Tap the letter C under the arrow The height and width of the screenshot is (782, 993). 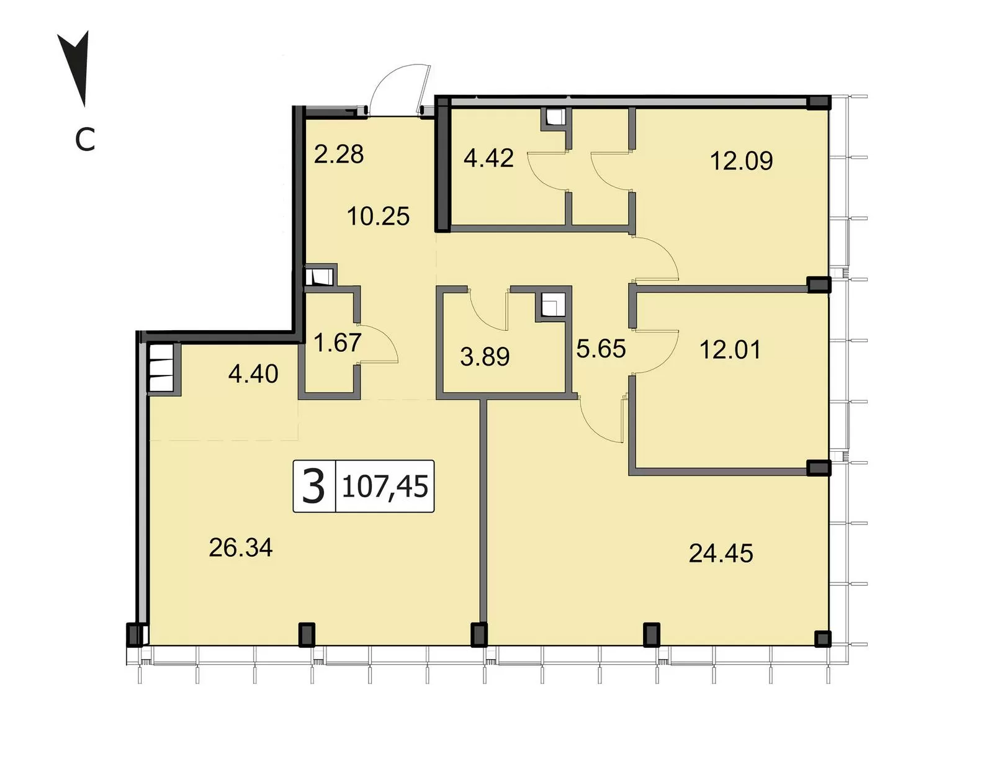coord(85,140)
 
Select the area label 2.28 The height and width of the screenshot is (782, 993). coord(339,154)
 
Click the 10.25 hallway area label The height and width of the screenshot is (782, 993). coord(378,216)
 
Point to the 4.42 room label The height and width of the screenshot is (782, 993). coord(488,158)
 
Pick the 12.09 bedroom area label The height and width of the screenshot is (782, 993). coord(741,161)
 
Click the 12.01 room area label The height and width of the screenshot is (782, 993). coord(730,349)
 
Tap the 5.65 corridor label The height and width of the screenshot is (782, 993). coord(601,349)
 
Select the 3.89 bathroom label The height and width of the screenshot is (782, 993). coord(485,357)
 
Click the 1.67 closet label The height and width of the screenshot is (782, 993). coord(337,343)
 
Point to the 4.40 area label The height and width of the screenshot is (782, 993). coord(253,374)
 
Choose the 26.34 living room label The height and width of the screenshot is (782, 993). coord(240,548)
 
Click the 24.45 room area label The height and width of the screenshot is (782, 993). coord(721,553)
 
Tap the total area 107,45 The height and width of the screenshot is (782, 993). coord(385,487)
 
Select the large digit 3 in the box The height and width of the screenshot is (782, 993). coord(314,487)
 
